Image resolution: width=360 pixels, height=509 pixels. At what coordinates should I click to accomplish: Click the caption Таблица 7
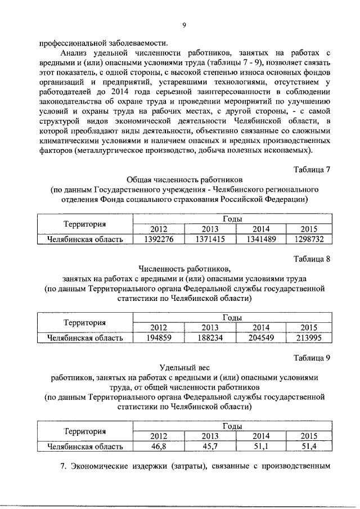click(312, 169)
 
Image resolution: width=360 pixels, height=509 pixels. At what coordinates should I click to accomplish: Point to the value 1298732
click(309, 240)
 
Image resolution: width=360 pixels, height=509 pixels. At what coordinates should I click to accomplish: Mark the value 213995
click(309, 338)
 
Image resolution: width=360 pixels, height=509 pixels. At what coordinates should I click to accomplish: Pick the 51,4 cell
click(309, 446)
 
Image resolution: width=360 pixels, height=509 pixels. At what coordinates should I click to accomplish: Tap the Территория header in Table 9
click(85, 431)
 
